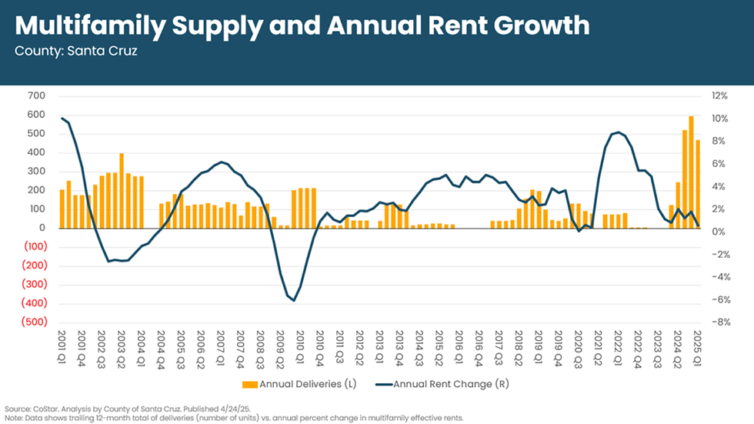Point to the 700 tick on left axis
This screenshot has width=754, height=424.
(x=36, y=96)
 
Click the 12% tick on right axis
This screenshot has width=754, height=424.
(x=720, y=96)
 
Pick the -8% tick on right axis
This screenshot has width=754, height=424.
(x=719, y=322)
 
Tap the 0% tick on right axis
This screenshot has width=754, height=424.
(x=719, y=232)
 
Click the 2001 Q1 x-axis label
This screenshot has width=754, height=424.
(x=62, y=348)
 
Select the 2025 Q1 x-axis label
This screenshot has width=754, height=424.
(x=698, y=348)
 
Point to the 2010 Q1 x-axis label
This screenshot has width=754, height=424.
(x=300, y=348)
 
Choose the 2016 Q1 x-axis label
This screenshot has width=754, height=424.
(x=459, y=348)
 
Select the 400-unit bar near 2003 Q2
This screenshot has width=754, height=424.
(x=122, y=190)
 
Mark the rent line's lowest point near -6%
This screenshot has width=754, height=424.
(x=293, y=300)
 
